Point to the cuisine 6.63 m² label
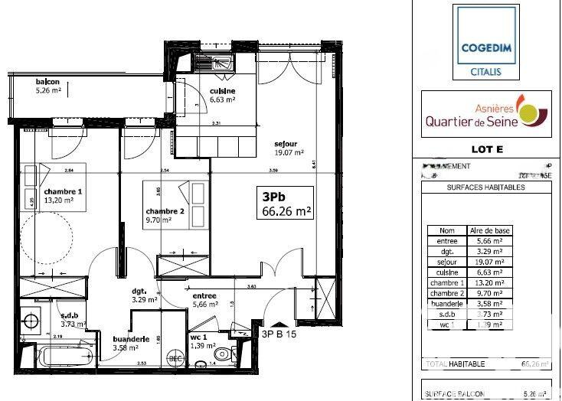[x=222, y=94]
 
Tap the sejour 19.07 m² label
[x=287, y=147]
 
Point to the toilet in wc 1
[x=223, y=354]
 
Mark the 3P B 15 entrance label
[x=279, y=334]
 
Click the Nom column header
[x=446, y=230]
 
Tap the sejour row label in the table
[x=446, y=261]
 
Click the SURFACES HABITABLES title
[x=485, y=187]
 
